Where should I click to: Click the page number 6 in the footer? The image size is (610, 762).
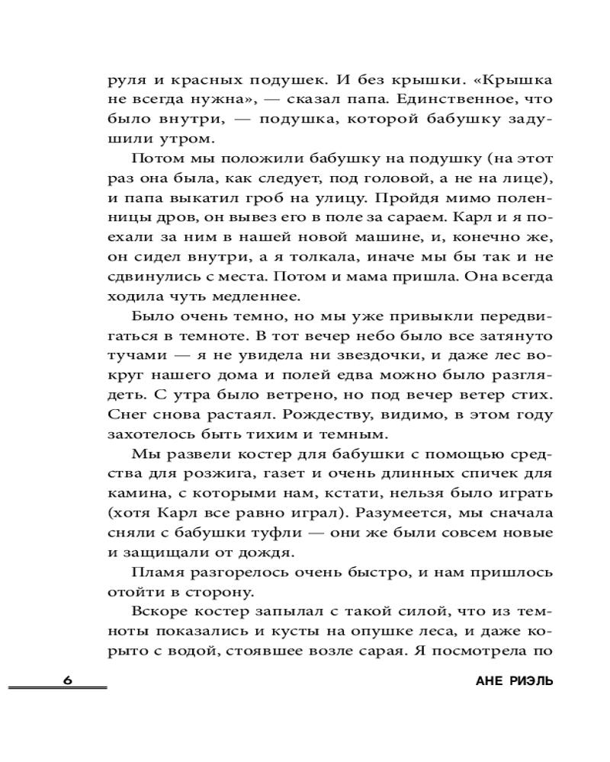(x=67, y=680)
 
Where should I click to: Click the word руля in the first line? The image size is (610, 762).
(x=127, y=78)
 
